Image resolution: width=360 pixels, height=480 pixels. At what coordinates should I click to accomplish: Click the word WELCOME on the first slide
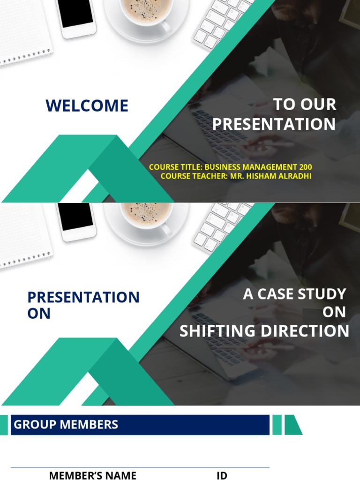(87, 105)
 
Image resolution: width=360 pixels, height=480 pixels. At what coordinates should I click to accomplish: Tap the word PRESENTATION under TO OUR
(274, 124)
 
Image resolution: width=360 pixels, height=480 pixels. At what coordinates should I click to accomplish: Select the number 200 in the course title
(304, 167)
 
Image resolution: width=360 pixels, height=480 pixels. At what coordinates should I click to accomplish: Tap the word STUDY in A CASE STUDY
(322, 294)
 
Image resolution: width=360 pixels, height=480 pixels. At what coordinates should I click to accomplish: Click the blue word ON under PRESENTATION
(39, 314)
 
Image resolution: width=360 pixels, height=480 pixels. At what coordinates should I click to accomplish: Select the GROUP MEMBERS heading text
(66, 425)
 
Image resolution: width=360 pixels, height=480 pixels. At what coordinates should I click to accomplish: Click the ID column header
(222, 476)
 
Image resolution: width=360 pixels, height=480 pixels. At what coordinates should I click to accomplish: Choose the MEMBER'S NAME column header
(92, 476)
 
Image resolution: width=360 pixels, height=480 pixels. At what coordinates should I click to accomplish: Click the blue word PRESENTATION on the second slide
(83, 297)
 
